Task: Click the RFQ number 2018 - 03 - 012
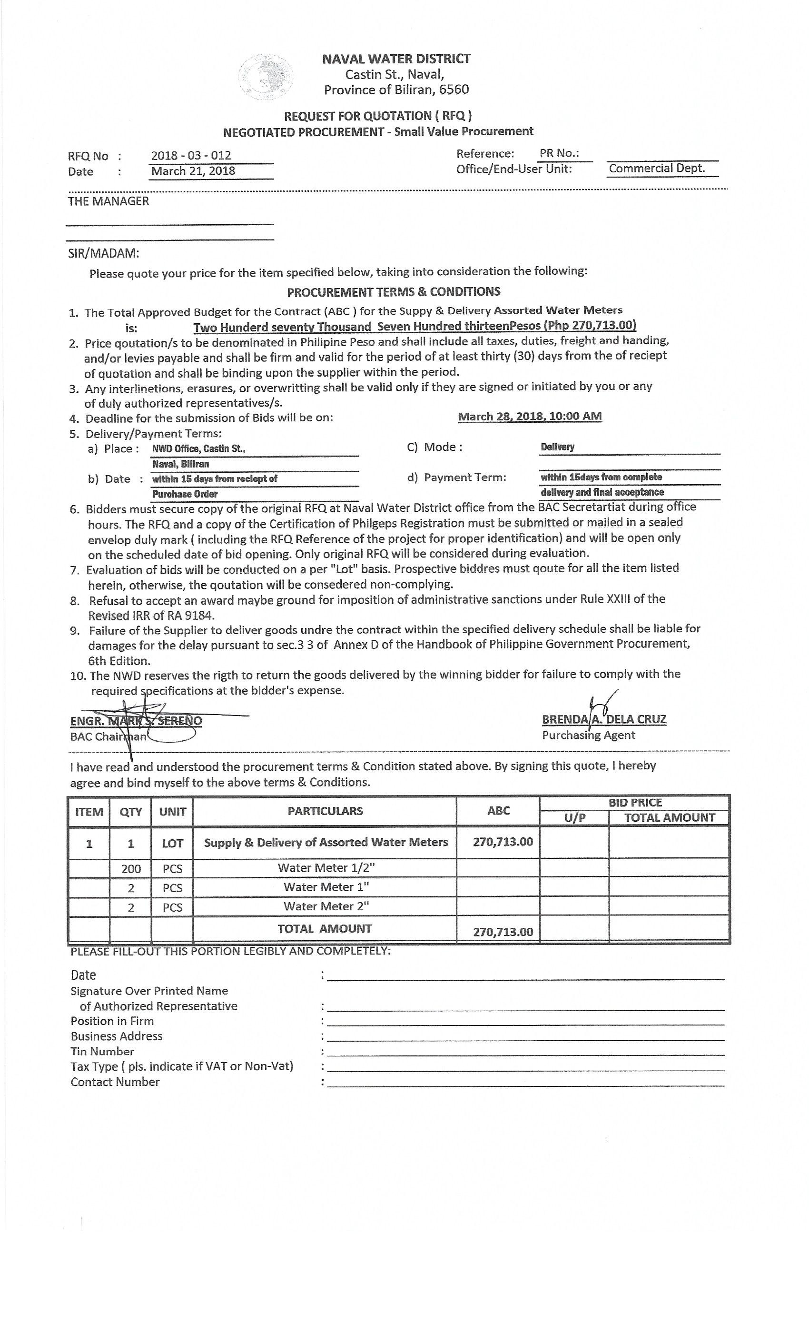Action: [x=191, y=156]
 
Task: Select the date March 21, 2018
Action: [x=193, y=171]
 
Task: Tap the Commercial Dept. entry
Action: [x=657, y=168]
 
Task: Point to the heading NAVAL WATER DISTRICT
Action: [x=396, y=59]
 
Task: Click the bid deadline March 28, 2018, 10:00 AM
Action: [x=529, y=417]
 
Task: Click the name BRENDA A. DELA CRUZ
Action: [x=603, y=719]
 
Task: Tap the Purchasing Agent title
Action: [x=588, y=735]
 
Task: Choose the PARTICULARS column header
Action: [x=325, y=811]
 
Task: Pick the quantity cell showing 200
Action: [x=131, y=869]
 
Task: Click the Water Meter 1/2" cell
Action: [x=326, y=868]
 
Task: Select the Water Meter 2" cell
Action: [x=326, y=906]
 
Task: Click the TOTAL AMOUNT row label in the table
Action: [x=325, y=929]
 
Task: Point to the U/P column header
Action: [x=574, y=818]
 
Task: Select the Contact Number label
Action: [x=115, y=1082]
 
